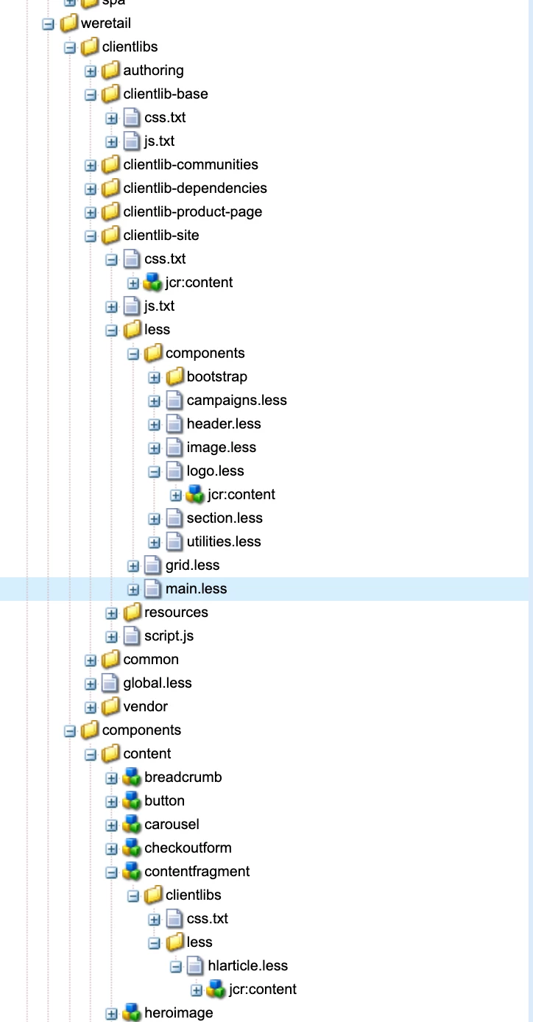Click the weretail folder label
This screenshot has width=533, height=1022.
tap(106, 24)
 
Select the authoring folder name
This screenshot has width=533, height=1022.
tap(153, 71)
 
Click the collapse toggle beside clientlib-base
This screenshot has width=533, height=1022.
tap(91, 94)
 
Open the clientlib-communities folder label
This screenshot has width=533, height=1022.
tap(191, 165)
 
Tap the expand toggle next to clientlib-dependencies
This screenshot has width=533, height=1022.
tap(91, 188)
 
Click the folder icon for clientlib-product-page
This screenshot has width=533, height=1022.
tap(111, 212)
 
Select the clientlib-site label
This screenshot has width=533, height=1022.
tap(160, 236)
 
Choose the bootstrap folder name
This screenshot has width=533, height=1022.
tap(216, 377)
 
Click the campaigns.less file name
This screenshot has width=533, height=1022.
tap(236, 401)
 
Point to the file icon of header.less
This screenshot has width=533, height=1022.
tap(174, 424)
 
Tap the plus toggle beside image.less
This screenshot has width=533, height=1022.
tap(154, 448)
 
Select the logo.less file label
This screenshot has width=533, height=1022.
tap(215, 471)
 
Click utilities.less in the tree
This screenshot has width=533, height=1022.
tap(224, 542)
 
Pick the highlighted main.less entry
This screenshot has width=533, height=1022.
tap(196, 589)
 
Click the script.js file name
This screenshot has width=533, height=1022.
tap(169, 636)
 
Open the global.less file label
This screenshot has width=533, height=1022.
tap(157, 683)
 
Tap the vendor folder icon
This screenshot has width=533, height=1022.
tap(111, 707)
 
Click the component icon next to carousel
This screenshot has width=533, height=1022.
tap(133, 825)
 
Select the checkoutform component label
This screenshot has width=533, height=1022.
tap(188, 848)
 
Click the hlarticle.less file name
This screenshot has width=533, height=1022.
tap(247, 966)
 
